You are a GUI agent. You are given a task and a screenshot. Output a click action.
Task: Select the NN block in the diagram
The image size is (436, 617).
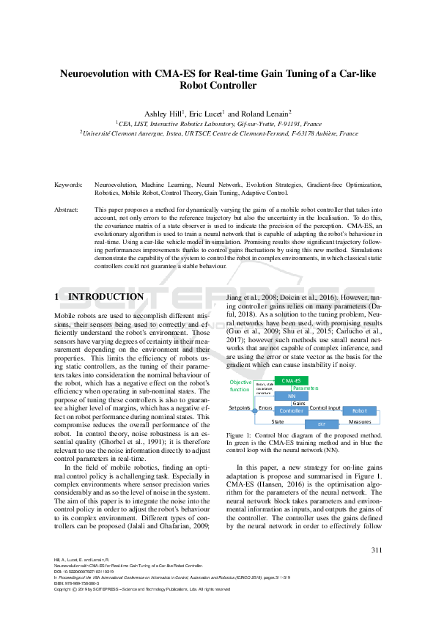coord(291,396)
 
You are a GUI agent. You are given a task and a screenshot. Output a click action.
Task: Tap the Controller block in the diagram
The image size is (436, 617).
coord(291,411)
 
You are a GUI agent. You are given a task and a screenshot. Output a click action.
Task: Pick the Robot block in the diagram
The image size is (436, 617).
coord(359,411)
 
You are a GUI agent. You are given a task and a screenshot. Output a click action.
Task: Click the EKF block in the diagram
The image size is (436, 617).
coord(321,424)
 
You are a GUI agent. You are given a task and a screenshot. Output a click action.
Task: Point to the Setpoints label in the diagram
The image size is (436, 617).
coord(240,407)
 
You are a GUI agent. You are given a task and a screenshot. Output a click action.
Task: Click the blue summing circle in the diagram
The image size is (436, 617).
coord(254,411)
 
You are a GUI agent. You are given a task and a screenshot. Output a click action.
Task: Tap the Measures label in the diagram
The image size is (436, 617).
coord(359,422)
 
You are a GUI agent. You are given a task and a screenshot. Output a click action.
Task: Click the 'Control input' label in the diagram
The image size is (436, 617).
coord(325,407)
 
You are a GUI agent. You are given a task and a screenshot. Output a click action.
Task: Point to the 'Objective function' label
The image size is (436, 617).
coord(240,386)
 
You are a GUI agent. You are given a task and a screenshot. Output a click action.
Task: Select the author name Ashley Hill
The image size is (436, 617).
coord(165,114)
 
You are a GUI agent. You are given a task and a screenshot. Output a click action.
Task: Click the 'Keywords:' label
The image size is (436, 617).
coord(68,185)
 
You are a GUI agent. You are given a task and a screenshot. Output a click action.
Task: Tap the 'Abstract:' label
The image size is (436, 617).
coord(67,210)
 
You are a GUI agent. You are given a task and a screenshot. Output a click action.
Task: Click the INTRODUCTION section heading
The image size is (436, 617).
coord(106,297)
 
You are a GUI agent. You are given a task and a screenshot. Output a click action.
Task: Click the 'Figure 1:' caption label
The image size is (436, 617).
coord(241,435)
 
